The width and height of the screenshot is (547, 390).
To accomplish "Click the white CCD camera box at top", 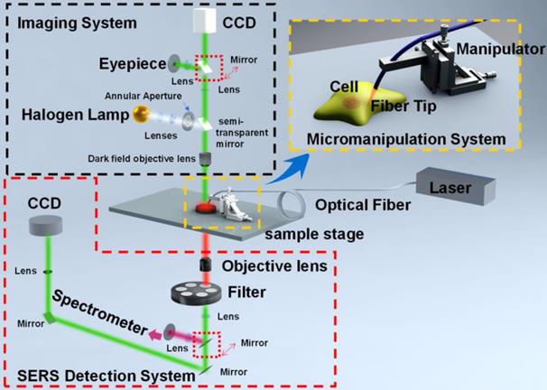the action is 205,21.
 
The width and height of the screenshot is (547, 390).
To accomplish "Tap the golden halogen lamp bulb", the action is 142,115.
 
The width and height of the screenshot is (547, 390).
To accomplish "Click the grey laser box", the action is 455,186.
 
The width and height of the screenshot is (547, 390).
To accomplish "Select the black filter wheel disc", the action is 197,292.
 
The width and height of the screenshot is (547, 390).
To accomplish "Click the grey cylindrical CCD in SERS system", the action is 45,225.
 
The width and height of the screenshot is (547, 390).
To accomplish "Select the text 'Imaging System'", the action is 77,23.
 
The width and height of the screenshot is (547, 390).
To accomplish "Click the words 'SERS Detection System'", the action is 106,376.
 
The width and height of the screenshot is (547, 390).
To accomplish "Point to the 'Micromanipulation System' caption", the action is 406,139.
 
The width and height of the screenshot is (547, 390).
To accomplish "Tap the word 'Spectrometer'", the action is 100,312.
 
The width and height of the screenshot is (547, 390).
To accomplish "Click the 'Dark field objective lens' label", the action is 142,159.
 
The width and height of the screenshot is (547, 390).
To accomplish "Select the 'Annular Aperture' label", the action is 144,96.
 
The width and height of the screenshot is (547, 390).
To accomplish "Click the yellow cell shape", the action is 359,104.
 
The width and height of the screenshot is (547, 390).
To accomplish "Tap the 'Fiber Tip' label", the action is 403,106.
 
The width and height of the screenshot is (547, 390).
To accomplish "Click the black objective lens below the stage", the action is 206,265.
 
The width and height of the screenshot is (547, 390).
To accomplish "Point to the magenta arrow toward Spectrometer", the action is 155,335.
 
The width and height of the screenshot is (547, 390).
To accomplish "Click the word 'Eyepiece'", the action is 133,64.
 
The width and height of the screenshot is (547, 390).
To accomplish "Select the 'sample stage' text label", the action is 314,234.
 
